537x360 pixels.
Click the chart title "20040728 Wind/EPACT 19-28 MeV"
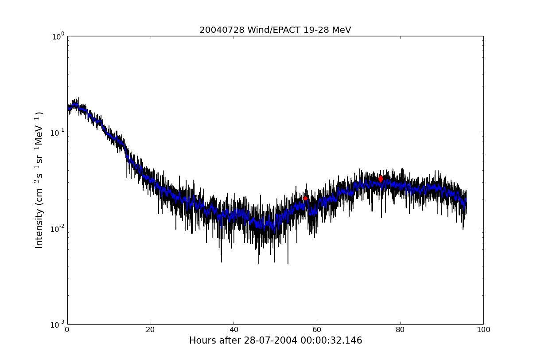275,30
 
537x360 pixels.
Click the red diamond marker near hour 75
381,179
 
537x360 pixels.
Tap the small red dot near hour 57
305,198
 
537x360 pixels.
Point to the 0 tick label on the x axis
67,330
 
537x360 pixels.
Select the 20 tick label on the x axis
151,330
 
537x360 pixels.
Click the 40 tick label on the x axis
233,330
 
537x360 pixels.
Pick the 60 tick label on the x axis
317,330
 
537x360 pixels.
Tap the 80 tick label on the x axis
400,330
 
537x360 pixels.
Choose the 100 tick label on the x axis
483,330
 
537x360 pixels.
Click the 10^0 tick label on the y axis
58,36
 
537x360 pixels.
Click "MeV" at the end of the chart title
342,30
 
